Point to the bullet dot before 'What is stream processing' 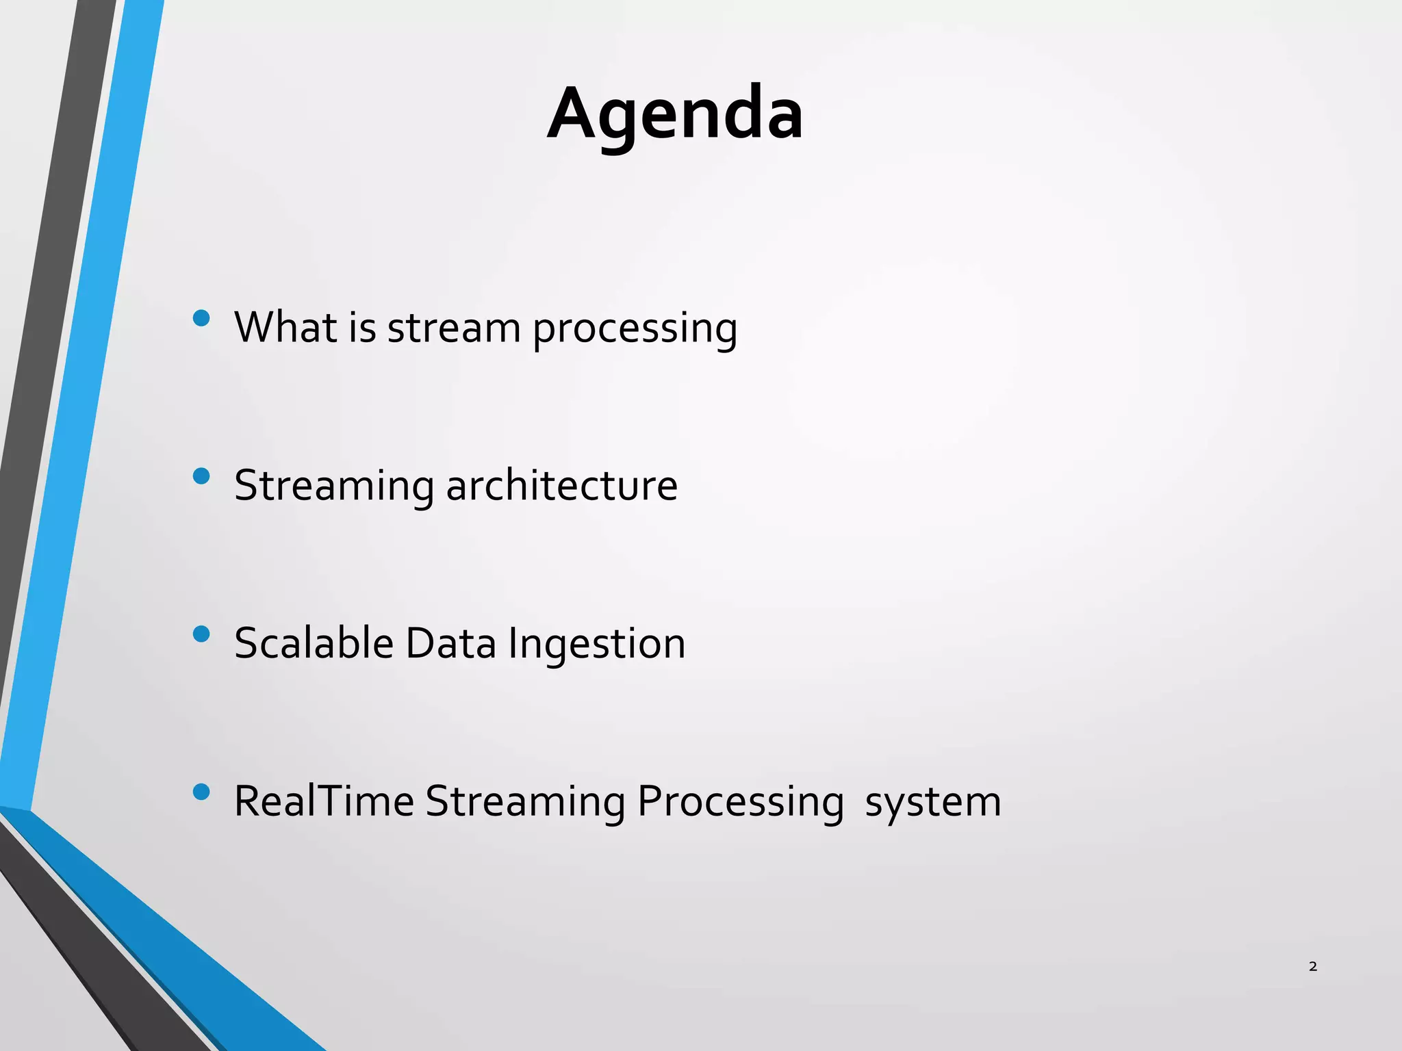[x=201, y=318]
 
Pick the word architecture [x=561, y=486]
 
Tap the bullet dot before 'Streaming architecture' [x=201, y=476]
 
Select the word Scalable [x=314, y=643]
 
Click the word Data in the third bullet [x=450, y=644]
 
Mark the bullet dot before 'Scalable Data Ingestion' [x=201, y=634]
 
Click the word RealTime [x=324, y=801]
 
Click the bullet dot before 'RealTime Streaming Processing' [x=201, y=792]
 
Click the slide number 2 [x=1312, y=966]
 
